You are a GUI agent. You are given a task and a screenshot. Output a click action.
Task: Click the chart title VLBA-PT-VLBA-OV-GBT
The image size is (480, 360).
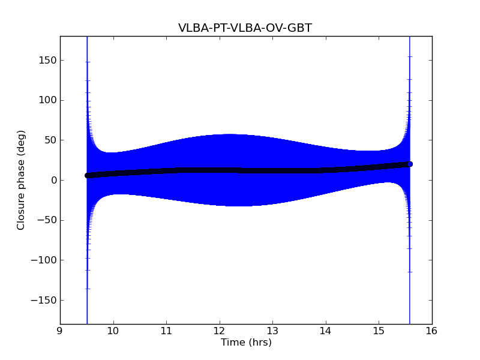(245, 28)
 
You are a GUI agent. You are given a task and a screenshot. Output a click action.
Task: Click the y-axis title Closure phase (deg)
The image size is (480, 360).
(22, 180)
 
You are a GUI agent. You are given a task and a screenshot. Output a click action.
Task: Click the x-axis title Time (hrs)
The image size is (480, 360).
(246, 343)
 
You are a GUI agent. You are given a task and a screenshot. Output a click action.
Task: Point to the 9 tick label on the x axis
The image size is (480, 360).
(60, 330)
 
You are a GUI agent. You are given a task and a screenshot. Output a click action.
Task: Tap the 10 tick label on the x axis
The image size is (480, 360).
(113, 330)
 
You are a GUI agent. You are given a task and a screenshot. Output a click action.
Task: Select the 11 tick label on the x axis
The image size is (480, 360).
(166, 330)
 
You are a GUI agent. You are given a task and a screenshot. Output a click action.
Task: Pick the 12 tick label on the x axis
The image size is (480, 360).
(220, 330)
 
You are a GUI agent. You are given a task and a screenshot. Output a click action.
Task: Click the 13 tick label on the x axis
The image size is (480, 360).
(272, 330)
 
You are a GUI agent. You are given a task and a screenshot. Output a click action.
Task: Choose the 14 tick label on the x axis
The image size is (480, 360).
(326, 330)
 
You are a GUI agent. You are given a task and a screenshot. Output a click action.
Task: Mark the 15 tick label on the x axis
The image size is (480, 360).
(379, 330)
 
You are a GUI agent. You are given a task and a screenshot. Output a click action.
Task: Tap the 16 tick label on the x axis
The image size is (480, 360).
(432, 330)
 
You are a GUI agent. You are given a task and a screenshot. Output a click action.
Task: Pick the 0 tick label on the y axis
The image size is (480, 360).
(53, 180)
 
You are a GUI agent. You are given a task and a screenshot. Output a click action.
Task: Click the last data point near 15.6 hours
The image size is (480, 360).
(410, 164)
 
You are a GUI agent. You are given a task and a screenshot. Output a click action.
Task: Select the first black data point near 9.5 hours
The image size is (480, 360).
(87, 175)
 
